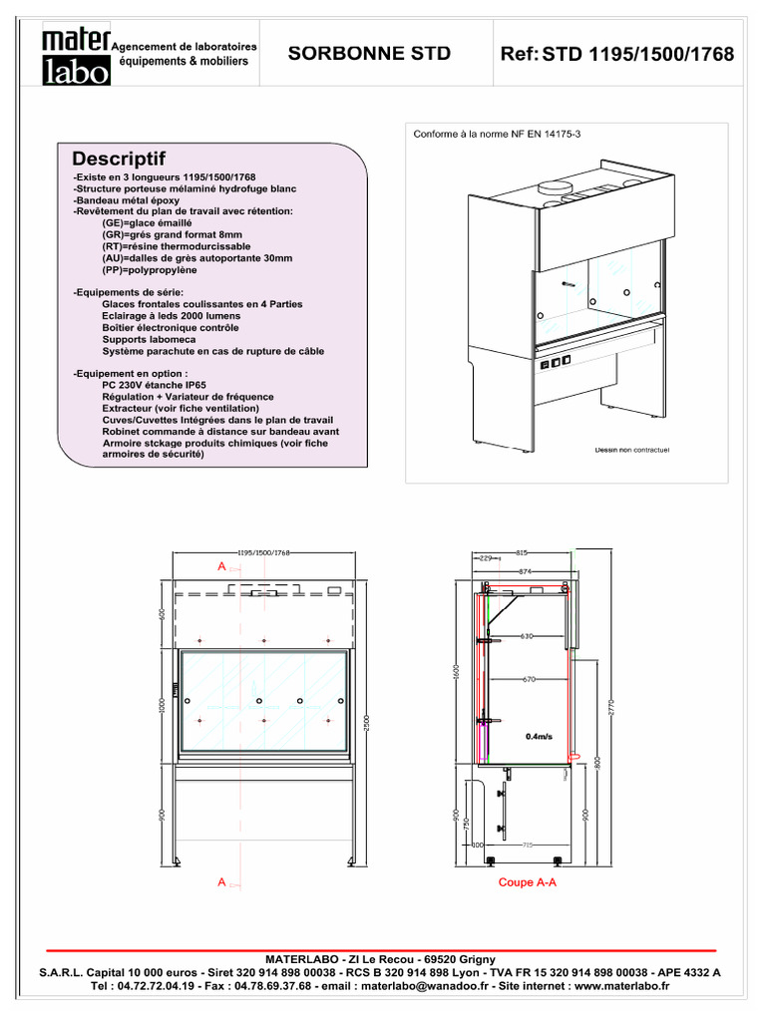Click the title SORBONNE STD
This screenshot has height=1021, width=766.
(369, 54)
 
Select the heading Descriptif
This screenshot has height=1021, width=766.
(119, 160)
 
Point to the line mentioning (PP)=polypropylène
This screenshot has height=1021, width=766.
(150, 269)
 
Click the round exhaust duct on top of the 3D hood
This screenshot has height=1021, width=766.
(552, 186)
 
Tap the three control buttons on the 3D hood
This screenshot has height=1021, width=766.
(556, 362)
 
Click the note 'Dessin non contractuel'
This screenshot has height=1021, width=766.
(632, 450)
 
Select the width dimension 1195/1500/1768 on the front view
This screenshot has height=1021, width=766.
(263, 551)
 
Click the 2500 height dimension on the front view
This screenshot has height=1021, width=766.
(367, 720)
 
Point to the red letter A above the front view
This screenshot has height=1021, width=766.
(221, 565)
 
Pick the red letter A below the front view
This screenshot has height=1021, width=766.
(221, 882)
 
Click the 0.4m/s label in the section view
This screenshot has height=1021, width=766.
(540, 737)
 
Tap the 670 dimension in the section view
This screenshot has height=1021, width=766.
(528, 680)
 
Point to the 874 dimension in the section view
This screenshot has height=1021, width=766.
(525, 571)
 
